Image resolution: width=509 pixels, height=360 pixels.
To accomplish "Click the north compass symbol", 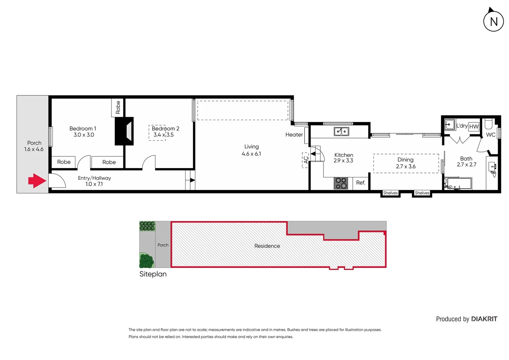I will (493, 21).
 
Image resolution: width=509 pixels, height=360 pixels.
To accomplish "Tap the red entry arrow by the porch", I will (37, 181).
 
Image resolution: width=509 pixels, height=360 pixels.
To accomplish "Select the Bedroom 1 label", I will (83, 128).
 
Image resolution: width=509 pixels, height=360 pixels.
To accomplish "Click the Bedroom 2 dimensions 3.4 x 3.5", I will (163, 135).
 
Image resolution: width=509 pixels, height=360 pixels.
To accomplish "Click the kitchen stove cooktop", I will (341, 183).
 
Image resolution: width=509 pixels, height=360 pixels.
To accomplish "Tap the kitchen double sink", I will (341, 131).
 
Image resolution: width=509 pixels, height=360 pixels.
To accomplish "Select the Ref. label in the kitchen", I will (360, 183).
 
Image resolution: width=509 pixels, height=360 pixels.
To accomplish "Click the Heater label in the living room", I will (294, 135).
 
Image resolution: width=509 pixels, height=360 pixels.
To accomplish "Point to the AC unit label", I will (305, 160).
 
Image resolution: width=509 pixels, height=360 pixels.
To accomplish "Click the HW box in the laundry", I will (474, 127).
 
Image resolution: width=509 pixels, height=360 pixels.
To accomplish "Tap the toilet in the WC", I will (488, 124).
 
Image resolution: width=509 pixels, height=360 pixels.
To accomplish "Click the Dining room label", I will (405, 160).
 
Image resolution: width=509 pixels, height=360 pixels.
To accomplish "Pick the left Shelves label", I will (390, 193).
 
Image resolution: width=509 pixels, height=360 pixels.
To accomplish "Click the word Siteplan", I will (153, 274).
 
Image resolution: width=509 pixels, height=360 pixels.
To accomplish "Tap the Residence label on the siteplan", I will (267, 246).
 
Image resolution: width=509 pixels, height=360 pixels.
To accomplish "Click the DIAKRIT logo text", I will (484, 319).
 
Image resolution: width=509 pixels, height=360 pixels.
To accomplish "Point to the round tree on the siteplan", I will (146, 261).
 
